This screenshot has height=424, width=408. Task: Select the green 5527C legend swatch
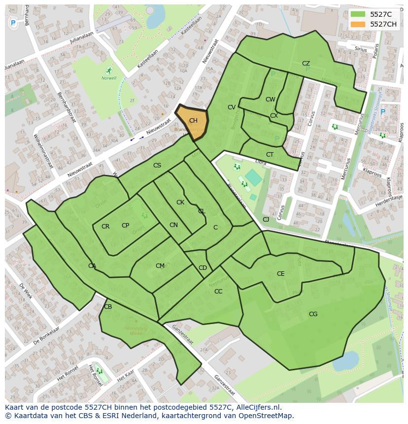pyautogui.click(x=358, y=14)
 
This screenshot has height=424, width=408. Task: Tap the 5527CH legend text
pyautogui.click(x=383, y=24)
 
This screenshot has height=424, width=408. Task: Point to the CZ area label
pyautogui.click(x=306, y=64)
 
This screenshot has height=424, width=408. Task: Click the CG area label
pyautogui.click(x=313, y=314)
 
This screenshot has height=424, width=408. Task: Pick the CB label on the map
pyautogui.click(x=108, y=307)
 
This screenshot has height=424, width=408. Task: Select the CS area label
pyautogui.click(x=157, y=165)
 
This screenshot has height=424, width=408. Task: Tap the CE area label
pyautogui.click(x=280, y=274)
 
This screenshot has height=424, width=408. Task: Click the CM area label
pyautogui.click(x=160, y=266)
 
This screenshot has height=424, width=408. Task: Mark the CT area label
pyautogui.click(x=270, y=155)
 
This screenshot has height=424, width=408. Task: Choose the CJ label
pyautogui.click(x=266, y=220)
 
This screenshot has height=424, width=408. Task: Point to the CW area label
pyautogui.click(x=270, y=99)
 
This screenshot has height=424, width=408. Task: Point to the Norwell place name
pyautogui.click(x=109, y=78)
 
